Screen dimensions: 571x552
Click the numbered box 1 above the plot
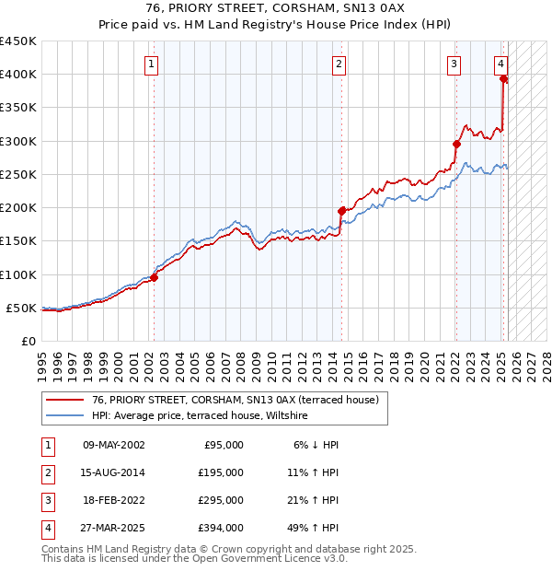tap(150, 64)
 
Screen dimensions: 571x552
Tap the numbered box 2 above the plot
tap(339, 64)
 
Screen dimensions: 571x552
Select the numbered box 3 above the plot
tap(454, 64)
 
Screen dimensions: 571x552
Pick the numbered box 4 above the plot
tap(500, 64)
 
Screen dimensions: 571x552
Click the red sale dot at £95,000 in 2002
tap(155, 277)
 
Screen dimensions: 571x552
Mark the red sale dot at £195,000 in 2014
tap(341, 211)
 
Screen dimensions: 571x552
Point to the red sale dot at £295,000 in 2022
tap(456, 144)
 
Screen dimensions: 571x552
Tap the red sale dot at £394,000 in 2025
tap(503, 78)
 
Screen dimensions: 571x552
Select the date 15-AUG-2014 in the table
tap(114, 472)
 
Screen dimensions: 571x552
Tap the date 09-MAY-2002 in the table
tap(114, 445)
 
